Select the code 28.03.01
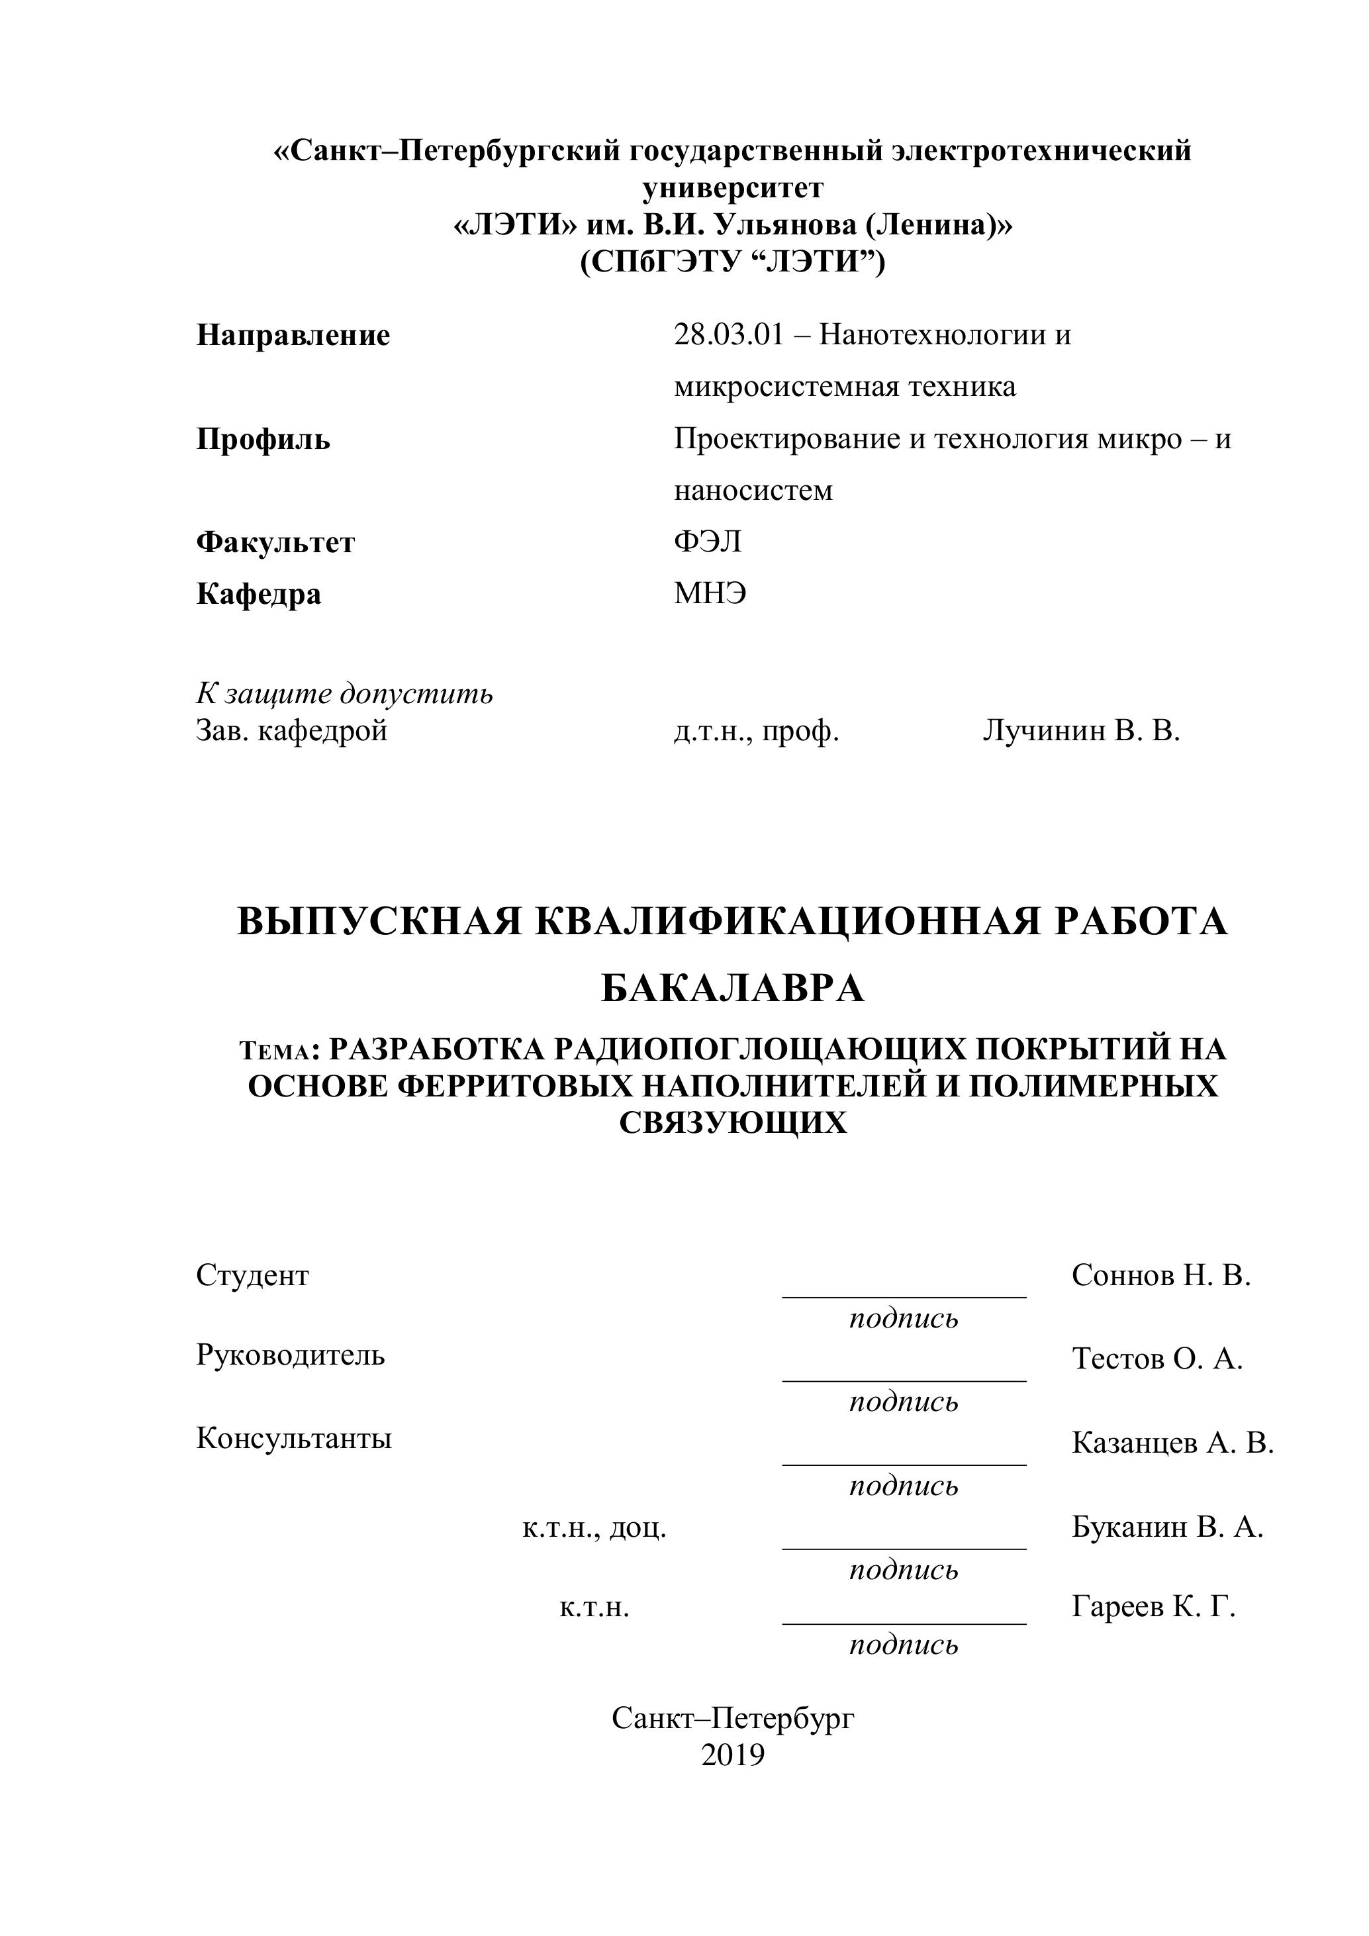pos(728,336)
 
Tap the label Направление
pos(293,336)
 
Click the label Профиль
pos(263,440)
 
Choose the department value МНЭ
pos(710,594)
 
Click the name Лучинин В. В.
pos(1080,730)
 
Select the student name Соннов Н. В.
pos(1160,1276)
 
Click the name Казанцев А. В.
pos(1172,1443)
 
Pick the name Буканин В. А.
pos(1166,1527)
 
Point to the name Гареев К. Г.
pos(1153,1607)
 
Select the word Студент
pos(252,1276)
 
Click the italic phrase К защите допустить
pos(344,694)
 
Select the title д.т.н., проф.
pos(756,730)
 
